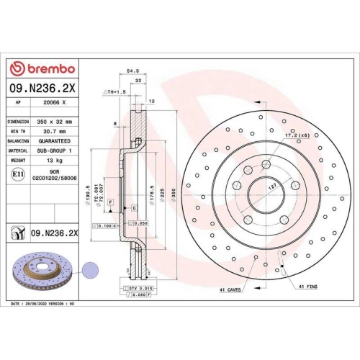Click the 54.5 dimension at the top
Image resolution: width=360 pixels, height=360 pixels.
click(132, 71)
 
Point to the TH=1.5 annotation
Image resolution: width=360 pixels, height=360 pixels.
click(114, 93)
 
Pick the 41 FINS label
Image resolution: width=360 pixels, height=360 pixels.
click(307, 287)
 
